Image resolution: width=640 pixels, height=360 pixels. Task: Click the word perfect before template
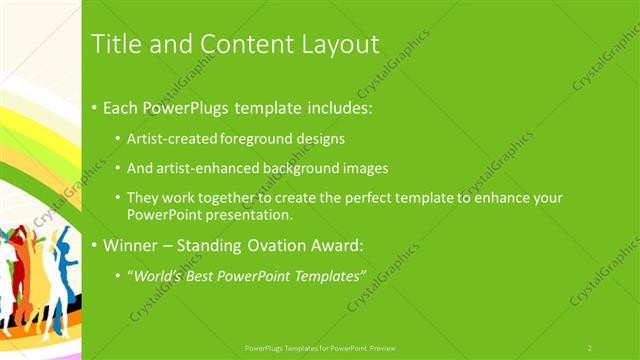coord(371,199)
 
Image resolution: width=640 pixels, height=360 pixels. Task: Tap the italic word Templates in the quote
coord(332,275)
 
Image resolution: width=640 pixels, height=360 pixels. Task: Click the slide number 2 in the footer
coord(590,347)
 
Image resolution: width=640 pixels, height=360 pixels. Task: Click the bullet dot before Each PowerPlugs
coord(94,106)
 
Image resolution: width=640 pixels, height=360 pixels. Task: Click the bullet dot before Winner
coord(94,245)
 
